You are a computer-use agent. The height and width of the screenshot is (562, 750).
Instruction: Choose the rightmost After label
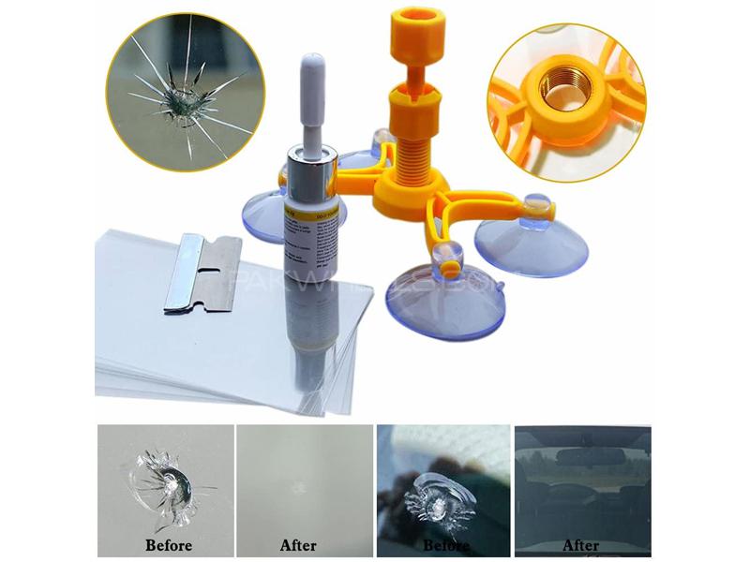(581, 544)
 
